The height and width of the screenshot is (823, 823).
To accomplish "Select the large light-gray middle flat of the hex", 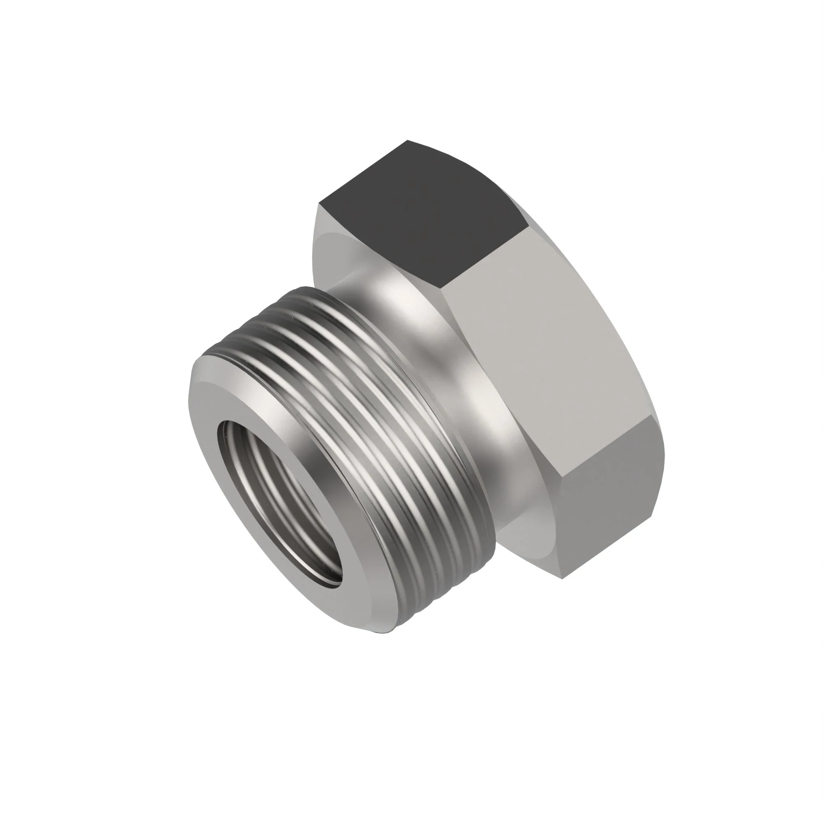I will [549, 353].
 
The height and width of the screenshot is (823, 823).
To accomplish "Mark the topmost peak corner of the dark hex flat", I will [408, 140].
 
